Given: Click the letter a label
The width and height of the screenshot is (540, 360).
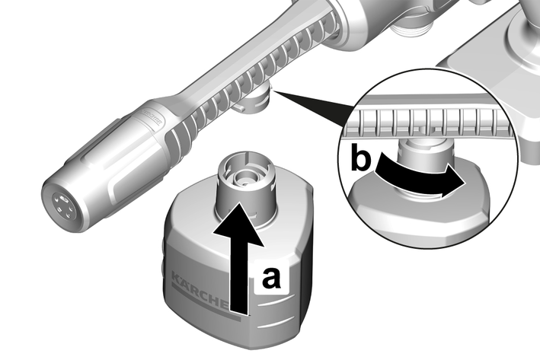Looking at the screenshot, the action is coord(271,278).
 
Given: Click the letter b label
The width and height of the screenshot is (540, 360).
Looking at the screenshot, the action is coord(360,157).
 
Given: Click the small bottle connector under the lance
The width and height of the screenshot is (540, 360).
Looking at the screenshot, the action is coord(254,100).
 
